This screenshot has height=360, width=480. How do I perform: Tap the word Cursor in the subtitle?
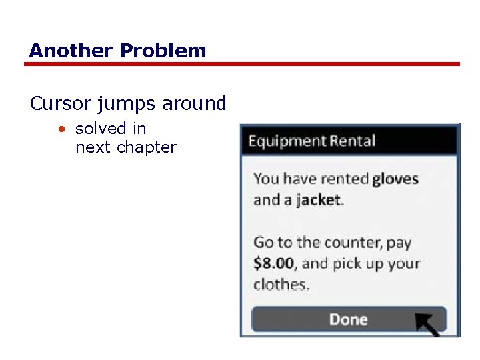(59, 104)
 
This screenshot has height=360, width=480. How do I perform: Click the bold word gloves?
(395, 179)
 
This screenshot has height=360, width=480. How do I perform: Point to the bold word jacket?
(319, 200)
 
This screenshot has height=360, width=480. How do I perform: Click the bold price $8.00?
(274, 263)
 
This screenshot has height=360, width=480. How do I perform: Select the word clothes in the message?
(281, 284)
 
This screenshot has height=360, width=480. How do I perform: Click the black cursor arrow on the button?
(428, 323)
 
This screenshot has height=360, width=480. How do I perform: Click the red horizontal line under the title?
(242, 64)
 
